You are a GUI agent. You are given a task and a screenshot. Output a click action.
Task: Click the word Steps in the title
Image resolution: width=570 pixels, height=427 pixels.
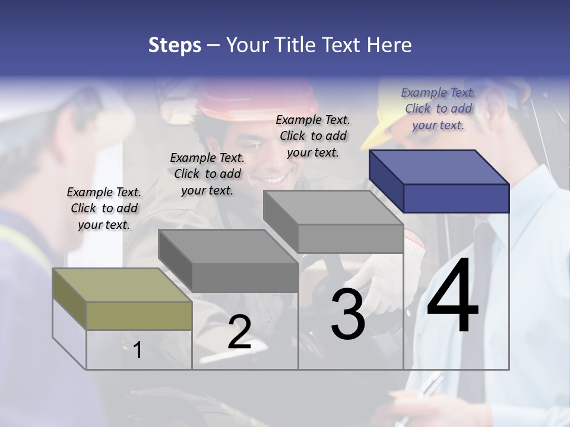point(175,45)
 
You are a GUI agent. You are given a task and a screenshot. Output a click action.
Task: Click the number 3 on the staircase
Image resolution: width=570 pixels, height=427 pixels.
point(348,314)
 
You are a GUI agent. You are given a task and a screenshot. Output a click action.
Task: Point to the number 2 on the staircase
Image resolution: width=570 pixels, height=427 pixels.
point(239,333)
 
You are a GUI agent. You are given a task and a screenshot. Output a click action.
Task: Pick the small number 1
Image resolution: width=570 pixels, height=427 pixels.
point(138,350)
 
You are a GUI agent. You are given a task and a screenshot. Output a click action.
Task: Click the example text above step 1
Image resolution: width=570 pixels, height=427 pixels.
point(104,208)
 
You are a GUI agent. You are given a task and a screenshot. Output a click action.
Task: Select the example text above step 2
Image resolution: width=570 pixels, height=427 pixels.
point(207,174)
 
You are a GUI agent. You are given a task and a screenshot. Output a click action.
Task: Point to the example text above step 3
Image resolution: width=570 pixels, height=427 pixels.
point(313,136)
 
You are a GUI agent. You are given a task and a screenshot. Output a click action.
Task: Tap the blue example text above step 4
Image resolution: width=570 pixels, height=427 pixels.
point(438,109)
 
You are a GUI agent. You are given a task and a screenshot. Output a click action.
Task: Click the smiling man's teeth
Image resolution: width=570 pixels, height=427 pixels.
point(274,178)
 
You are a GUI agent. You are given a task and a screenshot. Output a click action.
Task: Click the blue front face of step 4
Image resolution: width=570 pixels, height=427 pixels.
point(456,198)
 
